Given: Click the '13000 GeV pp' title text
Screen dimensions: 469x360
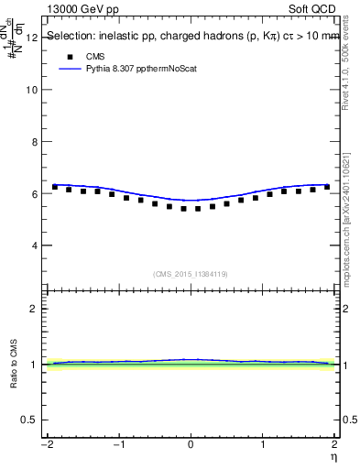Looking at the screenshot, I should (x=83, y=7).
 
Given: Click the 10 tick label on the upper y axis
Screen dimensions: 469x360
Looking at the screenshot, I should (x=32, y=90).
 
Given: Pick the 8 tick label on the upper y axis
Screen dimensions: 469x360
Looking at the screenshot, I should (x=35, y=142).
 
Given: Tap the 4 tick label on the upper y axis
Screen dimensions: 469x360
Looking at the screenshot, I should (x=35, y=245).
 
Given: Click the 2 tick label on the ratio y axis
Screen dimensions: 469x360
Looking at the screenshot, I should (x=35, y=309).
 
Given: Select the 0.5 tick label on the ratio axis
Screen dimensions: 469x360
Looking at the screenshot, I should (x=30, y=420).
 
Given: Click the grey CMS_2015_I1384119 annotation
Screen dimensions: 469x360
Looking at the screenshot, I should (x=191, y=274).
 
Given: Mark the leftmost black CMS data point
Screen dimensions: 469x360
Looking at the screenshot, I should (x=55, y=187).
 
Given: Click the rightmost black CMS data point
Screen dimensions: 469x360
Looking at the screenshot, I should (x=327, y=187).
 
